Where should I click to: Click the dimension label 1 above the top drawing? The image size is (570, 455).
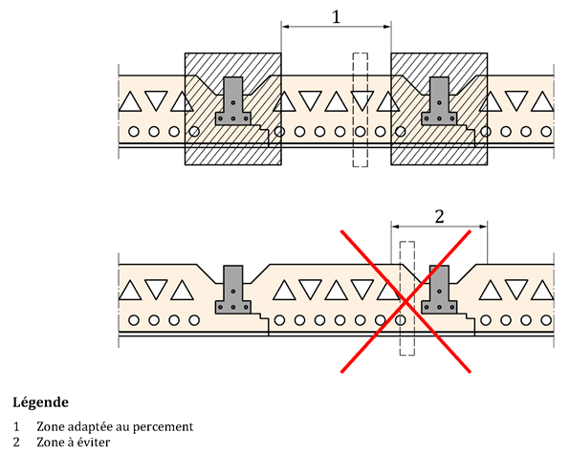337,16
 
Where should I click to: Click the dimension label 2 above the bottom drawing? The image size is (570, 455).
440,217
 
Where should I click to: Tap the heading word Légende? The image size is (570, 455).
41,402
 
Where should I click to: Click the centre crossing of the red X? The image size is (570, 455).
406,301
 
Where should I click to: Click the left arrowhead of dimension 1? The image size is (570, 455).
286,26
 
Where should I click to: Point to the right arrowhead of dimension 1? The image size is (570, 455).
386,26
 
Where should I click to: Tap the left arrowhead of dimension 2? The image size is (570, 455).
396,227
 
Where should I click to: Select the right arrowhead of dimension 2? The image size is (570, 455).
483,227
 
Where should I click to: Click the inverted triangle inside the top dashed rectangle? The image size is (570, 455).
362,100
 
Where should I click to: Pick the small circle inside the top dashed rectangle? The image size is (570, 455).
361,132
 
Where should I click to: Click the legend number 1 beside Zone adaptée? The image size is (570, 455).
16,426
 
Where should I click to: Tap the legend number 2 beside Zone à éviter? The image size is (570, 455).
16,443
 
